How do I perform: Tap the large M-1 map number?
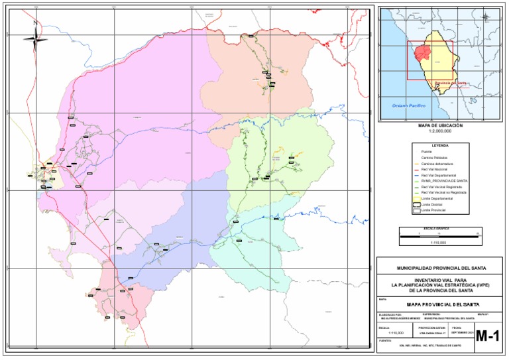(x=487, y=337)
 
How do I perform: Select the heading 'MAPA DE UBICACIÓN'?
(x=440, y=125)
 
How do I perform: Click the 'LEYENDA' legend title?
(x=440, y=145)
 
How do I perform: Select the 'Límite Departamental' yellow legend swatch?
(x=417, y=198)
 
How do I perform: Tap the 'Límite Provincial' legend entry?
(x=437, y=210)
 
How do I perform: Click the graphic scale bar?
(x=439, y=234)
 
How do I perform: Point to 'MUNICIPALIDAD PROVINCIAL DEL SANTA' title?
(x=441, y=268)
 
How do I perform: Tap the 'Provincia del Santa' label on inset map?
(x=450, y=84)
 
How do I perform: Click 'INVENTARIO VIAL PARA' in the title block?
(x=441, y=280)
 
